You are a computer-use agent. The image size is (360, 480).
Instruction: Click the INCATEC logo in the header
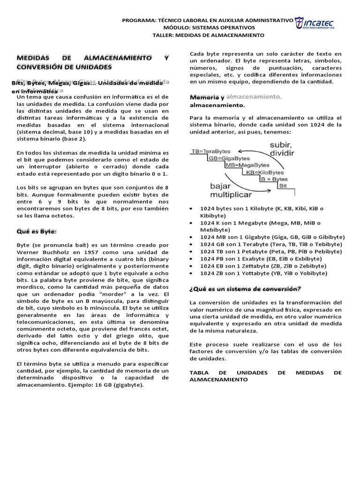[x=321, y=23]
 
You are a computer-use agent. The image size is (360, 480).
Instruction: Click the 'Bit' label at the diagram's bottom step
[x=283, y=186]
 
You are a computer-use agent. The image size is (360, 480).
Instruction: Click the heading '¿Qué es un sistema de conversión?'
[x=245, y=288]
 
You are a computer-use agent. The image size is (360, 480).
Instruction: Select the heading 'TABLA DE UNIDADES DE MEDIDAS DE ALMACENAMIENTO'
[x=265, y=375]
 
